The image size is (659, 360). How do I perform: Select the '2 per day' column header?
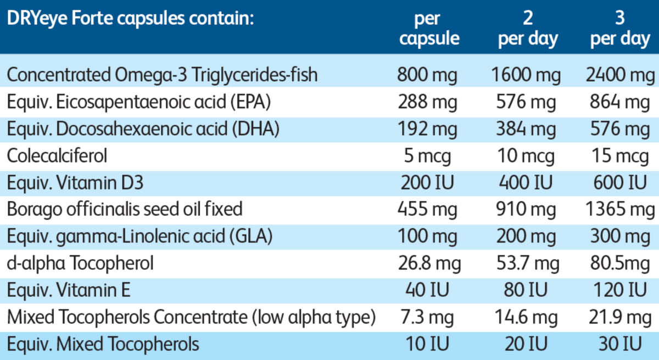(x=528, y=29)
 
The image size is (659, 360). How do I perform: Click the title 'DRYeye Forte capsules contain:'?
(x=130, y=20)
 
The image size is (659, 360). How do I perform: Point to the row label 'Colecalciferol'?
(x=57, y=155)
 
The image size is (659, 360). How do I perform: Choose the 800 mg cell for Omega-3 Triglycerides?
(x=427, y=75)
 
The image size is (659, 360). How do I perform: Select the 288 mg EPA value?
(x=427, y=102)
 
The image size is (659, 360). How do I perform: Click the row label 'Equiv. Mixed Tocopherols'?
(x=103, y=344)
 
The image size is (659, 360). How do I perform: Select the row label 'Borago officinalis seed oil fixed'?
(x=125, y=209)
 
